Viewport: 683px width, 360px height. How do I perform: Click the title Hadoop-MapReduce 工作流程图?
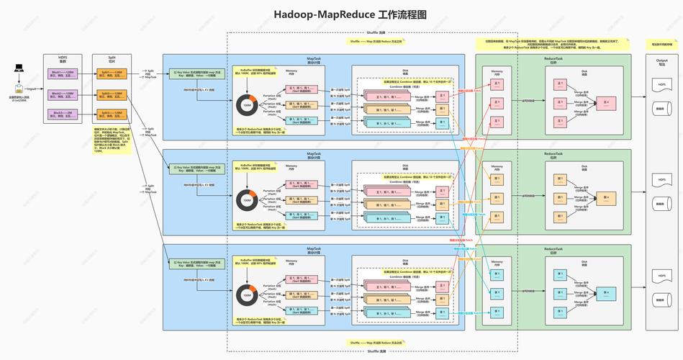click(340, 14)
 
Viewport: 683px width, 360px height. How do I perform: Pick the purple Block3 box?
click(63, 114)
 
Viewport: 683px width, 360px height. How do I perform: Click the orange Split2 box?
click(112, 94)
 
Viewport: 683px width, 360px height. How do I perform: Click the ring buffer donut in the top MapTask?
click(247, 105)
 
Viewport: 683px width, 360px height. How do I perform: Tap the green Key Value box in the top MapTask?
click(196, 74)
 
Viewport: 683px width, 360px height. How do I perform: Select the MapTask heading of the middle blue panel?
click(314, 153)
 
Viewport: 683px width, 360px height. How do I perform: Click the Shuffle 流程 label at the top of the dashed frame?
click(376, 33)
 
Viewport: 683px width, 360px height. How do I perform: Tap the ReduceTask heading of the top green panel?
click(553, 58)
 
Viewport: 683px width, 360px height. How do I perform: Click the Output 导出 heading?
click(661, 60)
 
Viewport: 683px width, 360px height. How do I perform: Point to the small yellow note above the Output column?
click(661, 45)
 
